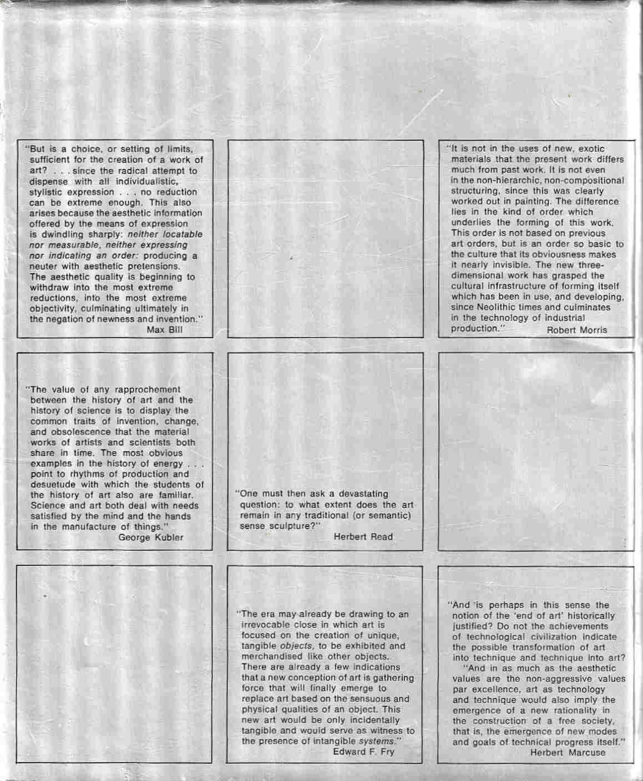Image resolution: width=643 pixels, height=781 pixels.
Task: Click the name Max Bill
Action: coord(164,330)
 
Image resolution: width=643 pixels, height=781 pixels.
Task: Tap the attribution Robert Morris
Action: coord(576,330)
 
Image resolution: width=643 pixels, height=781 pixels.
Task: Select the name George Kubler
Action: coord(151,537)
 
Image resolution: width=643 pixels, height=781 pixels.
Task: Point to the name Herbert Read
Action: coord(363,537)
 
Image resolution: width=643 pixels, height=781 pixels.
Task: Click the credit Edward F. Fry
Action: coord(363,752)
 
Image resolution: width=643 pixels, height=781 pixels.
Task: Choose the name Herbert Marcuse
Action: coord(568,752)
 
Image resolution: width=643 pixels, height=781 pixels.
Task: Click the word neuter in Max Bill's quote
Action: coord(44,266)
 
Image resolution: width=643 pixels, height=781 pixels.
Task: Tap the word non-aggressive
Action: coord(565,679)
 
